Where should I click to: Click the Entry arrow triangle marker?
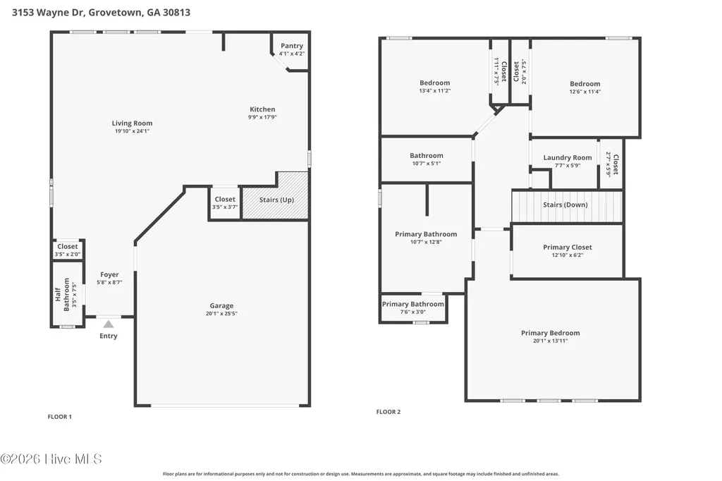pos(108,324)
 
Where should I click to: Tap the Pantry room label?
pos(292,46)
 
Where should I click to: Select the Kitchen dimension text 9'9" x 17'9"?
pos(262,117)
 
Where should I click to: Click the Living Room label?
pos(132,123)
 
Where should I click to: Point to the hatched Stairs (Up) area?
pos(276,196)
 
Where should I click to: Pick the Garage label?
pos(221,305)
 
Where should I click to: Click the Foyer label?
pos(109,274)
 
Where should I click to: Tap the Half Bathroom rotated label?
pos(62,294)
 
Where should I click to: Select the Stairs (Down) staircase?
pos(567,207)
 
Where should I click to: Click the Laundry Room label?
pos(568,157)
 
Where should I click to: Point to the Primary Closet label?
pos(568,247)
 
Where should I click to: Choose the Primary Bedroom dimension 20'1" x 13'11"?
pos(550,341)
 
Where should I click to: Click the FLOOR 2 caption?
pos(388,412)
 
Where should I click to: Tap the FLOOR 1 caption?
pos(59,417)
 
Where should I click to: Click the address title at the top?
pos(101,13)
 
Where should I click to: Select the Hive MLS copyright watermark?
pos(51,459)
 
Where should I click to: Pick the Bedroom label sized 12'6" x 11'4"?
pos(585,84)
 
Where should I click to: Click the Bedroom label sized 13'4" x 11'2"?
pos(434,83)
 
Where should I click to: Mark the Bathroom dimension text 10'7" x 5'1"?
pos(427,164)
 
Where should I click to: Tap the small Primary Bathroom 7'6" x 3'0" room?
pos(413,308)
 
